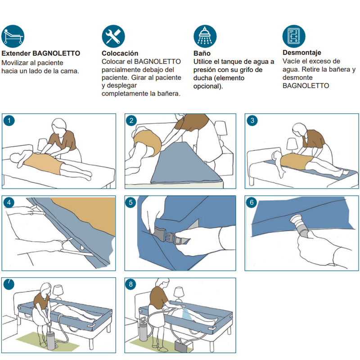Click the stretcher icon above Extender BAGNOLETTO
13,36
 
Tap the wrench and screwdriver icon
113,36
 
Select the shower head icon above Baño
205,36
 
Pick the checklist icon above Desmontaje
294,36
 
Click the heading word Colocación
120,53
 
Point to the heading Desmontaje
301,53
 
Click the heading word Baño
202,53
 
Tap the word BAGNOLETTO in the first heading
56,53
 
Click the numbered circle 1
9,121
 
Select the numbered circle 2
131,121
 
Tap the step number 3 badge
252,121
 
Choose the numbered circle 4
9,202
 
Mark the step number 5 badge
130,202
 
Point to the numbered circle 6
252,202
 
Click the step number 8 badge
130,284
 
